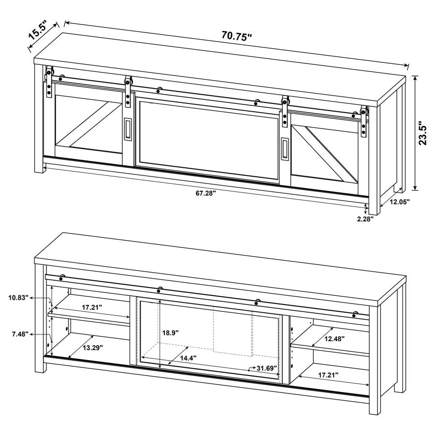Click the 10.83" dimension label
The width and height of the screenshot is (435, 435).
(18, 298)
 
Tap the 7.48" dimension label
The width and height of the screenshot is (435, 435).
(19, 334)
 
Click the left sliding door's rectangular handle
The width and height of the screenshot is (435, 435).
(127, 130)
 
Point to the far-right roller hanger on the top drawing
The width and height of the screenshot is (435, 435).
(364, 121)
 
